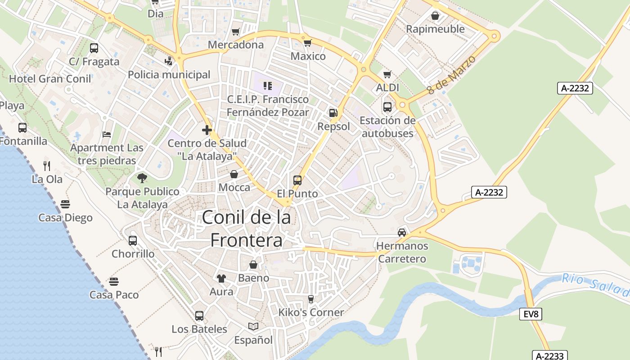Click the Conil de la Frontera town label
246,229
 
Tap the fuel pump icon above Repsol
333,113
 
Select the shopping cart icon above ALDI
387,74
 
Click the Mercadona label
236,45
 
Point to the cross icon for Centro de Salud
207,130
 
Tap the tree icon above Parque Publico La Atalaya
142,178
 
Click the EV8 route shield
531,314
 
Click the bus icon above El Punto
297,180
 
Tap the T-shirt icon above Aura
221,278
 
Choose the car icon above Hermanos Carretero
402,233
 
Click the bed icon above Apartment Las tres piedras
107,134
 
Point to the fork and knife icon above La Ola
47,166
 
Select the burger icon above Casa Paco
114,282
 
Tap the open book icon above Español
253,326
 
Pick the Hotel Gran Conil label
50,79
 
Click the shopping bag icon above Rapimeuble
435,16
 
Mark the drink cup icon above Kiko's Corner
310,299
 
